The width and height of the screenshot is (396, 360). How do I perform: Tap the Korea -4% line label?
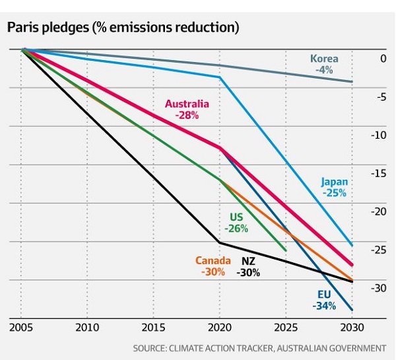point(325,63)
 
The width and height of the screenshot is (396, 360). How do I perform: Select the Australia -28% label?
point(187,109)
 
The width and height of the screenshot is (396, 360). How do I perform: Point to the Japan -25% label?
point(335,188)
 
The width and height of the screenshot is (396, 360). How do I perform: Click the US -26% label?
point(236,223)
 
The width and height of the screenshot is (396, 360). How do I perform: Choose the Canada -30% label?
point(211,266)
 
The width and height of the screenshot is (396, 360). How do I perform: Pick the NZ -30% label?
point(248,266)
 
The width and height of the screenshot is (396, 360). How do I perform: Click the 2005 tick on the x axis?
point(22,328)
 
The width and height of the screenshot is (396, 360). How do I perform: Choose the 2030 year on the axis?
point(350,328)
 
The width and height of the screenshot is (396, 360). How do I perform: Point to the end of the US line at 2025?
point(286,251)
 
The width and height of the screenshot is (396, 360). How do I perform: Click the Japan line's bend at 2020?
point(220,77)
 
